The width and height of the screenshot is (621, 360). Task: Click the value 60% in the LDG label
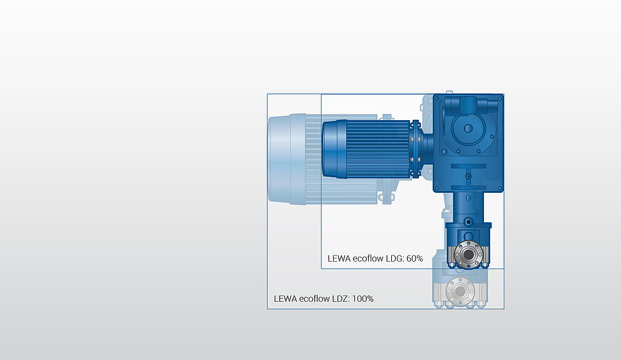[x=414, y=258]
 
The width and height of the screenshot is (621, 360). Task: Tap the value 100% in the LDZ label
[x=363, y=299]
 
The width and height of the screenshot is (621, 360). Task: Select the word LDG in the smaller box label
[x=394, y=258]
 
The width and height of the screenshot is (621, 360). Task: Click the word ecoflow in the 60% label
[x=367, y=258]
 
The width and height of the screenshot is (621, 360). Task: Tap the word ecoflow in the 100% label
[x=314, y=299]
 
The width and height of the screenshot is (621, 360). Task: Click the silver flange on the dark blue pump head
[x=467, y=254]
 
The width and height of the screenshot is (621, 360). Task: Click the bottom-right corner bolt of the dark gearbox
[x=499, y=186]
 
